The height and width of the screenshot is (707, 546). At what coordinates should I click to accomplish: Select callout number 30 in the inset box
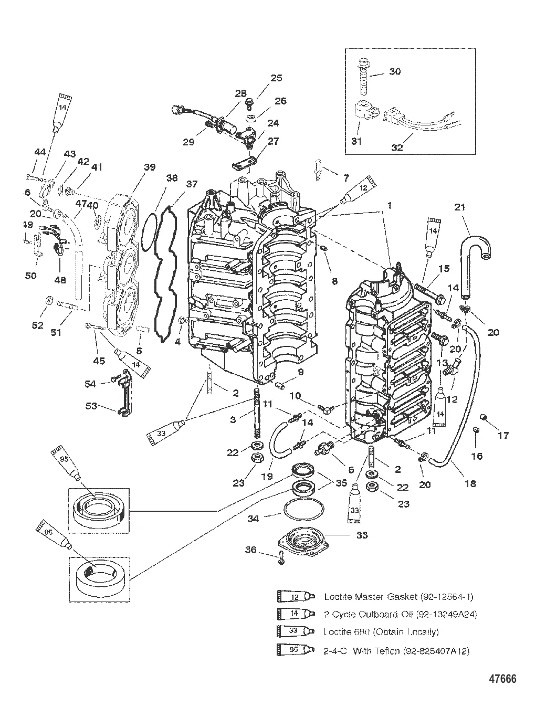[x=394, y=71]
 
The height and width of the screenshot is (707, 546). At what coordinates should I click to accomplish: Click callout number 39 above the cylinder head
[x=150, y=167]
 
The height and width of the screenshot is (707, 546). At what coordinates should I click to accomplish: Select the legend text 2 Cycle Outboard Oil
[x=401, y=614]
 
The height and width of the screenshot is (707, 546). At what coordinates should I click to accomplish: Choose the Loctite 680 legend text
[x=381, y=632]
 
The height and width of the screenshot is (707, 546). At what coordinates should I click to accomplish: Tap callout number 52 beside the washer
[x=37, y=325]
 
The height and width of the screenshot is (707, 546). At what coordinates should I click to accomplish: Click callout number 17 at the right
[x=503, y=435]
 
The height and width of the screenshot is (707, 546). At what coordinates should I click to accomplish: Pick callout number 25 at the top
[x=277, y=78]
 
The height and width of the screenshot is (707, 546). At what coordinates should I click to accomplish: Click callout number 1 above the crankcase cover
[x=390, y=193]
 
